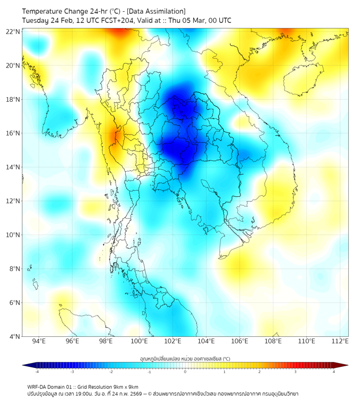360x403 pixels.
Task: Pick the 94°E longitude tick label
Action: click(x=39, y=341)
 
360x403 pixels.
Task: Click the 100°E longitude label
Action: click(x=139, y=341)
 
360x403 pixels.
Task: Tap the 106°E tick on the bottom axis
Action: click(x=240, y=341)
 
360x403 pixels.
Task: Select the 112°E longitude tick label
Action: click(x=340, y=341)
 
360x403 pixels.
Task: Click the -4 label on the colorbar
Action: click(x=37, y=372)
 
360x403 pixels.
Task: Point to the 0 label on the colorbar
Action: click(x=185, y=372)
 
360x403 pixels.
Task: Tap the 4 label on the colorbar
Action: click(x=333, y=372)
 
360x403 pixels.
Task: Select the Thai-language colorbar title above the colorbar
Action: click(x=185, y=359)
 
